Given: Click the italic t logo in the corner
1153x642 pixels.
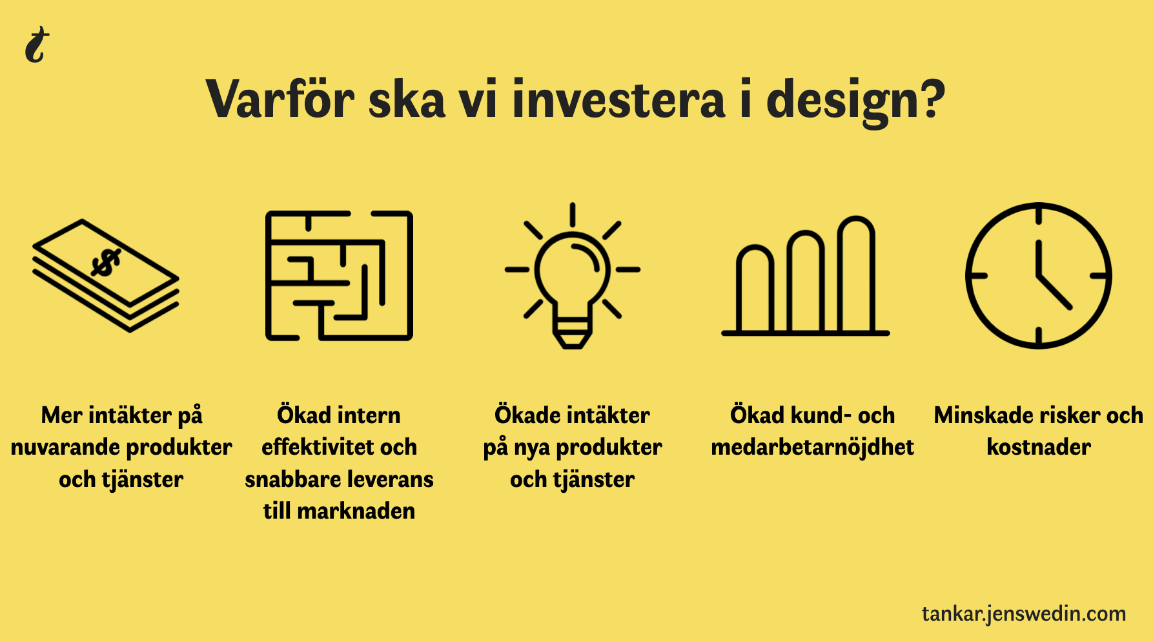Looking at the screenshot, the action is coord(37,45).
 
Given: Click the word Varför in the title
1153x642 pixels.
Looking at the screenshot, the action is coord(280,99).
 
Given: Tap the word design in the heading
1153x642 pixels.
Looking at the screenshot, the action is coord(848,102).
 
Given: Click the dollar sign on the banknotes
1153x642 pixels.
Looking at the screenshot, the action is coord(105,262).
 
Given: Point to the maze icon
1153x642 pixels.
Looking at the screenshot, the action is coord(339,276).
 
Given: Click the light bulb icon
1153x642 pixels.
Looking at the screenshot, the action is coord(573,276).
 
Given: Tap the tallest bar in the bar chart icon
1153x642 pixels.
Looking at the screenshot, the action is coord(856,274).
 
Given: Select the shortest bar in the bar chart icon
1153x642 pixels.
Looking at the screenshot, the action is coord(755,289).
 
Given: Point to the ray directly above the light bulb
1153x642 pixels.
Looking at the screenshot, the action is coord(573,214).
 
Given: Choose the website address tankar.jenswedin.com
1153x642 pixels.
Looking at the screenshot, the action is coord(1024,614).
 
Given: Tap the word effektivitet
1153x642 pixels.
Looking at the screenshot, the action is coord(311,447).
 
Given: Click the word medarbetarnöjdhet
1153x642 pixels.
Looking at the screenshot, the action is coord(813,448).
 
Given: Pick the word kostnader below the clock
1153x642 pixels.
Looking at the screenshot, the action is coord(1039,447).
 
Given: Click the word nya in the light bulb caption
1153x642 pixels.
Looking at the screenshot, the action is coord(531,448).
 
